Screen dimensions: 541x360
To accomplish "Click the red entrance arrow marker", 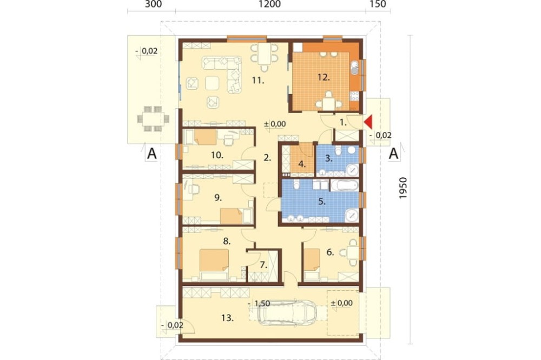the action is (x=368, y=122).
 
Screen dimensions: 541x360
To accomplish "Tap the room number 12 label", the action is (x=324, y=77).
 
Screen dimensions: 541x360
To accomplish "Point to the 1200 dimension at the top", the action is (x=269, y=4).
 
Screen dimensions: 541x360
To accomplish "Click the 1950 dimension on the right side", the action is (x=403, y=188).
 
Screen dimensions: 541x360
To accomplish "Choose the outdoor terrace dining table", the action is (x=153, y=119).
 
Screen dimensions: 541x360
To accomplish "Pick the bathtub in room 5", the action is (x=344, y=185).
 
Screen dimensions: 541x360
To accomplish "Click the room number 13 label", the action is (x=227, y=318).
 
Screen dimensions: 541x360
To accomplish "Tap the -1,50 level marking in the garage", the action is (x=259, y=303).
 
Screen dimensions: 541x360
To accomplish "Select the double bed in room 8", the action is (x=214, y=264).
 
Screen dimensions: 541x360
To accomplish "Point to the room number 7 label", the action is (x=263, y=265).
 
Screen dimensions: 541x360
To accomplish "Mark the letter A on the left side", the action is (x=152, y=154).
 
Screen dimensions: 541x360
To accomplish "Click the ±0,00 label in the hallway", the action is (x=275, y=124).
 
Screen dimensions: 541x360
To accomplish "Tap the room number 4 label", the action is (x=302, y=164).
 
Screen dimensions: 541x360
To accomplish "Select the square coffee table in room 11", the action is (x=212, y=83).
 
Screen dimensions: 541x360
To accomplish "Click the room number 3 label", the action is (x=329, y=158).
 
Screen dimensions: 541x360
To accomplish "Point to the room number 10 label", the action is (x=217, y=155).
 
